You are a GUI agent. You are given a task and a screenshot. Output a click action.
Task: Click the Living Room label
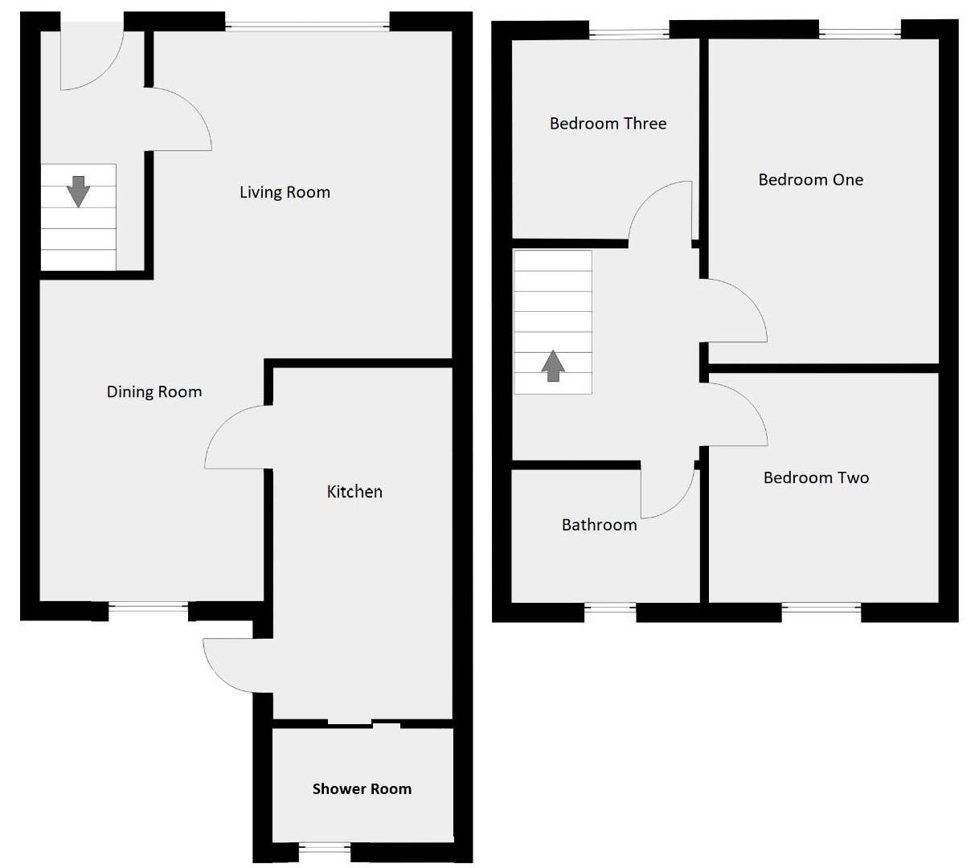coord(285,192)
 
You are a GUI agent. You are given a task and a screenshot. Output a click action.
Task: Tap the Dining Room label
coord(154,392)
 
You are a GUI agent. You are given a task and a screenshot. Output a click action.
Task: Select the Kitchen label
coord(354,492)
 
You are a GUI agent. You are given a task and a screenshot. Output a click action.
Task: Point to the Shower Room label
coord(362,789)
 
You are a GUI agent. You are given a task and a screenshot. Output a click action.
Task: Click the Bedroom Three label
coord(608,124)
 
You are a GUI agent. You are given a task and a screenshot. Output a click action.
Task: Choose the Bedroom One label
coord(810,180)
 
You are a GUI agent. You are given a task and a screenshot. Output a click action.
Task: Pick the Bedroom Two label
coord(816,478)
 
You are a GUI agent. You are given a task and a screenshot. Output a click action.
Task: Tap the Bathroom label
coord(599,525)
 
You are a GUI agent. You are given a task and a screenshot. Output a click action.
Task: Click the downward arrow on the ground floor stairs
coord(78,191)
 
